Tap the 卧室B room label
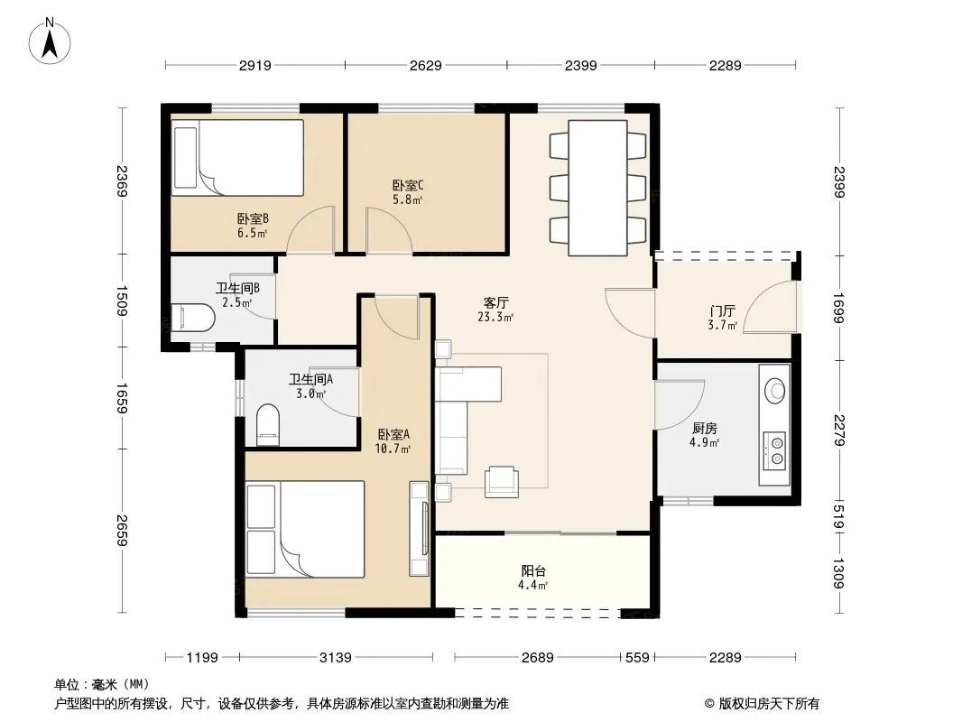(x=253, y=219)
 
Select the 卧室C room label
(x=408, y=185)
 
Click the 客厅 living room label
(x=495, y=303)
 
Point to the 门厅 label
(x=722, y=311)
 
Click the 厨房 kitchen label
(x=704, y=428)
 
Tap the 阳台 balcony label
(x=533, y=571)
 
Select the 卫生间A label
(x=310, y=380)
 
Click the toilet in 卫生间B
(x=192, y=318)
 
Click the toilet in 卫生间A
(x=267, y=424)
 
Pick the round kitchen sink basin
(x=775, y=390)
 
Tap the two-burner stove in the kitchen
(x=775, y=450)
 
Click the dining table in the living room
(x=597, y=188)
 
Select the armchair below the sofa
(x=502, y=482)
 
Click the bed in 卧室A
(x=306, y=530)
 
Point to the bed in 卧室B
(x=237, y=158)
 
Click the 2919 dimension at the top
(x=255, y=65)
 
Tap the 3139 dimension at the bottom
(x=336, y=658)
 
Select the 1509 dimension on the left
(x=122, y=301)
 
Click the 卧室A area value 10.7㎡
(x=393, y=449)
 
